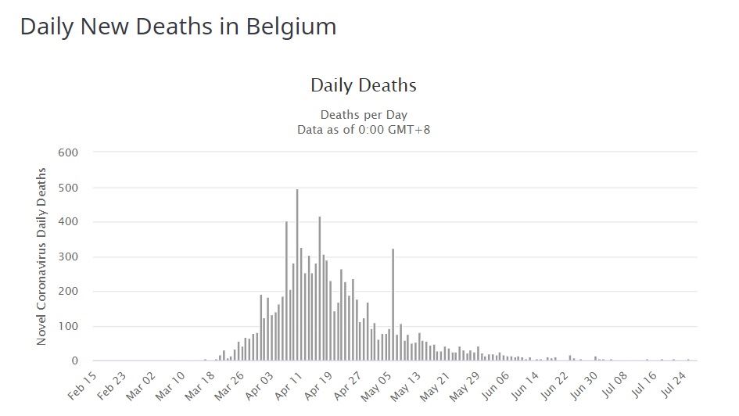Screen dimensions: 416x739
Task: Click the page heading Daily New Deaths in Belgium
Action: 178,27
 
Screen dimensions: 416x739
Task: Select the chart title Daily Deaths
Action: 364,85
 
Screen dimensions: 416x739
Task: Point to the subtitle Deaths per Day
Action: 364,115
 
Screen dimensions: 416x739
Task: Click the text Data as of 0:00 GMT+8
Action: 364,129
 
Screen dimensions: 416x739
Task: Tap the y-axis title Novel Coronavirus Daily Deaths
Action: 42,256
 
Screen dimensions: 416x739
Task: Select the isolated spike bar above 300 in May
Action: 393,305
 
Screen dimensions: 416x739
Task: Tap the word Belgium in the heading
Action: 292,27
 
